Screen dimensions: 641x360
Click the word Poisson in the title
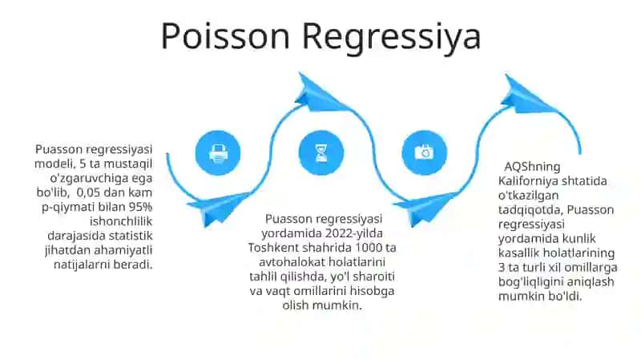(225, 35)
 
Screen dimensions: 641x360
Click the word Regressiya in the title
(391, 38)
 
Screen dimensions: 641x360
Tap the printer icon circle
(218, 153)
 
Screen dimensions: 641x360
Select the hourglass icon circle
(321, 153)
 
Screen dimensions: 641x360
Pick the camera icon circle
(425, 153)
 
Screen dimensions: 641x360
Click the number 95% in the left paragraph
(140, 207)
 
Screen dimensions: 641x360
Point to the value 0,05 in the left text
(88, 192)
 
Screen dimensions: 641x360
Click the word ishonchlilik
(121, 221)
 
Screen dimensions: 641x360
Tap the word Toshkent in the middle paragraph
(270, 248)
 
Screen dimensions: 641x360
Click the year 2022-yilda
(353, 233)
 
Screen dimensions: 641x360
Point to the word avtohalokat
(292, 262)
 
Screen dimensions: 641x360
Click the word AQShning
(532, 167)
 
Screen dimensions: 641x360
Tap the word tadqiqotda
(530, 209)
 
